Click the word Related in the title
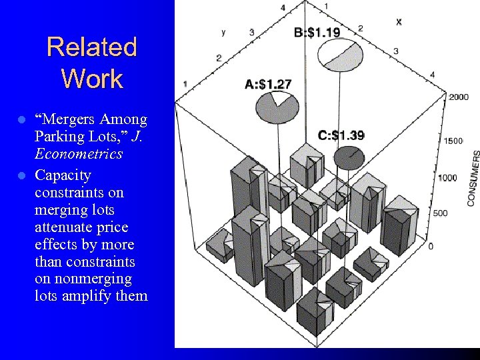tap(92, 47)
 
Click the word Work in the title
tap(92, 79)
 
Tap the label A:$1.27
tap(268, 84)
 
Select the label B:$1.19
tap(317, 32)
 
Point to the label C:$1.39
tap(341, 135)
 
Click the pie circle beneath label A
tap(277, 107)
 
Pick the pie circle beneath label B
tap(340, 55)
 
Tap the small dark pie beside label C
tap(349, 157)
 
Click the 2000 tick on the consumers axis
tap(458, 97)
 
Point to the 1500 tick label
tap(454, 141)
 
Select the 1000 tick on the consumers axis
tap(449, 177)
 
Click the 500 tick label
tap(440, 213)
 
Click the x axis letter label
tap(399, 21)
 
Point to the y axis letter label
tap(223, 31)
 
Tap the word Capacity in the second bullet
tap(63, 175)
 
